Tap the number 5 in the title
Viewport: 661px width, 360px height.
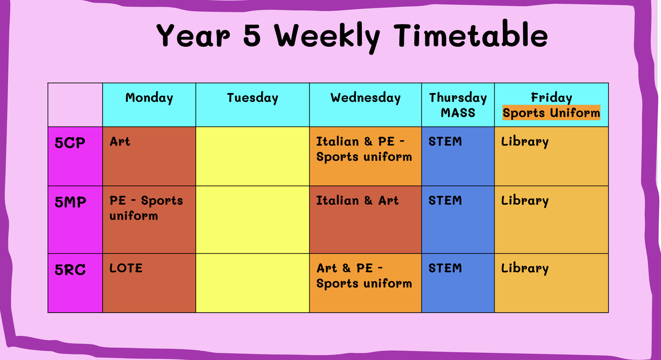pos(252,35)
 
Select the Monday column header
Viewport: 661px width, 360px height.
pos(149,98)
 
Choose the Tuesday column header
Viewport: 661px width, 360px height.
pos(252,98)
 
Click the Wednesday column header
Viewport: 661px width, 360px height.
pos(365,97)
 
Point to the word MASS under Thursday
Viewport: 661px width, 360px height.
pos(458,113)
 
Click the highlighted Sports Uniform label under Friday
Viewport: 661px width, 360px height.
pos(551,113)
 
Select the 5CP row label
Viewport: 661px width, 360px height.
pos(70,143)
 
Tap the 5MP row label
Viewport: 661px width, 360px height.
pos(71,202)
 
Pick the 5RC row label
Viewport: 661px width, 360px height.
pos(70,270)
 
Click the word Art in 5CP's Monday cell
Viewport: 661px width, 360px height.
pos(120,141)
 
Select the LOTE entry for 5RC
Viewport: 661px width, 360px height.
pos(126,268)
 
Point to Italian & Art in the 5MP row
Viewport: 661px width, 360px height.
pos(357,200)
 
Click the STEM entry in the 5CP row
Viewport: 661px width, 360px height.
pos(445,141)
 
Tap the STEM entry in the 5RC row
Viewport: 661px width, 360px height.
pos(445,268)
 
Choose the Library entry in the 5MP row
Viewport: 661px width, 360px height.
pos(524,201)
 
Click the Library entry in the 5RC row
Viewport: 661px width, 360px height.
pos(524,269)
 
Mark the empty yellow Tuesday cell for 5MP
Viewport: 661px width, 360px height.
pos(252,220)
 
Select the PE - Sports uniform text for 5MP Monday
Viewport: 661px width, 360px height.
pos(146,208)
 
